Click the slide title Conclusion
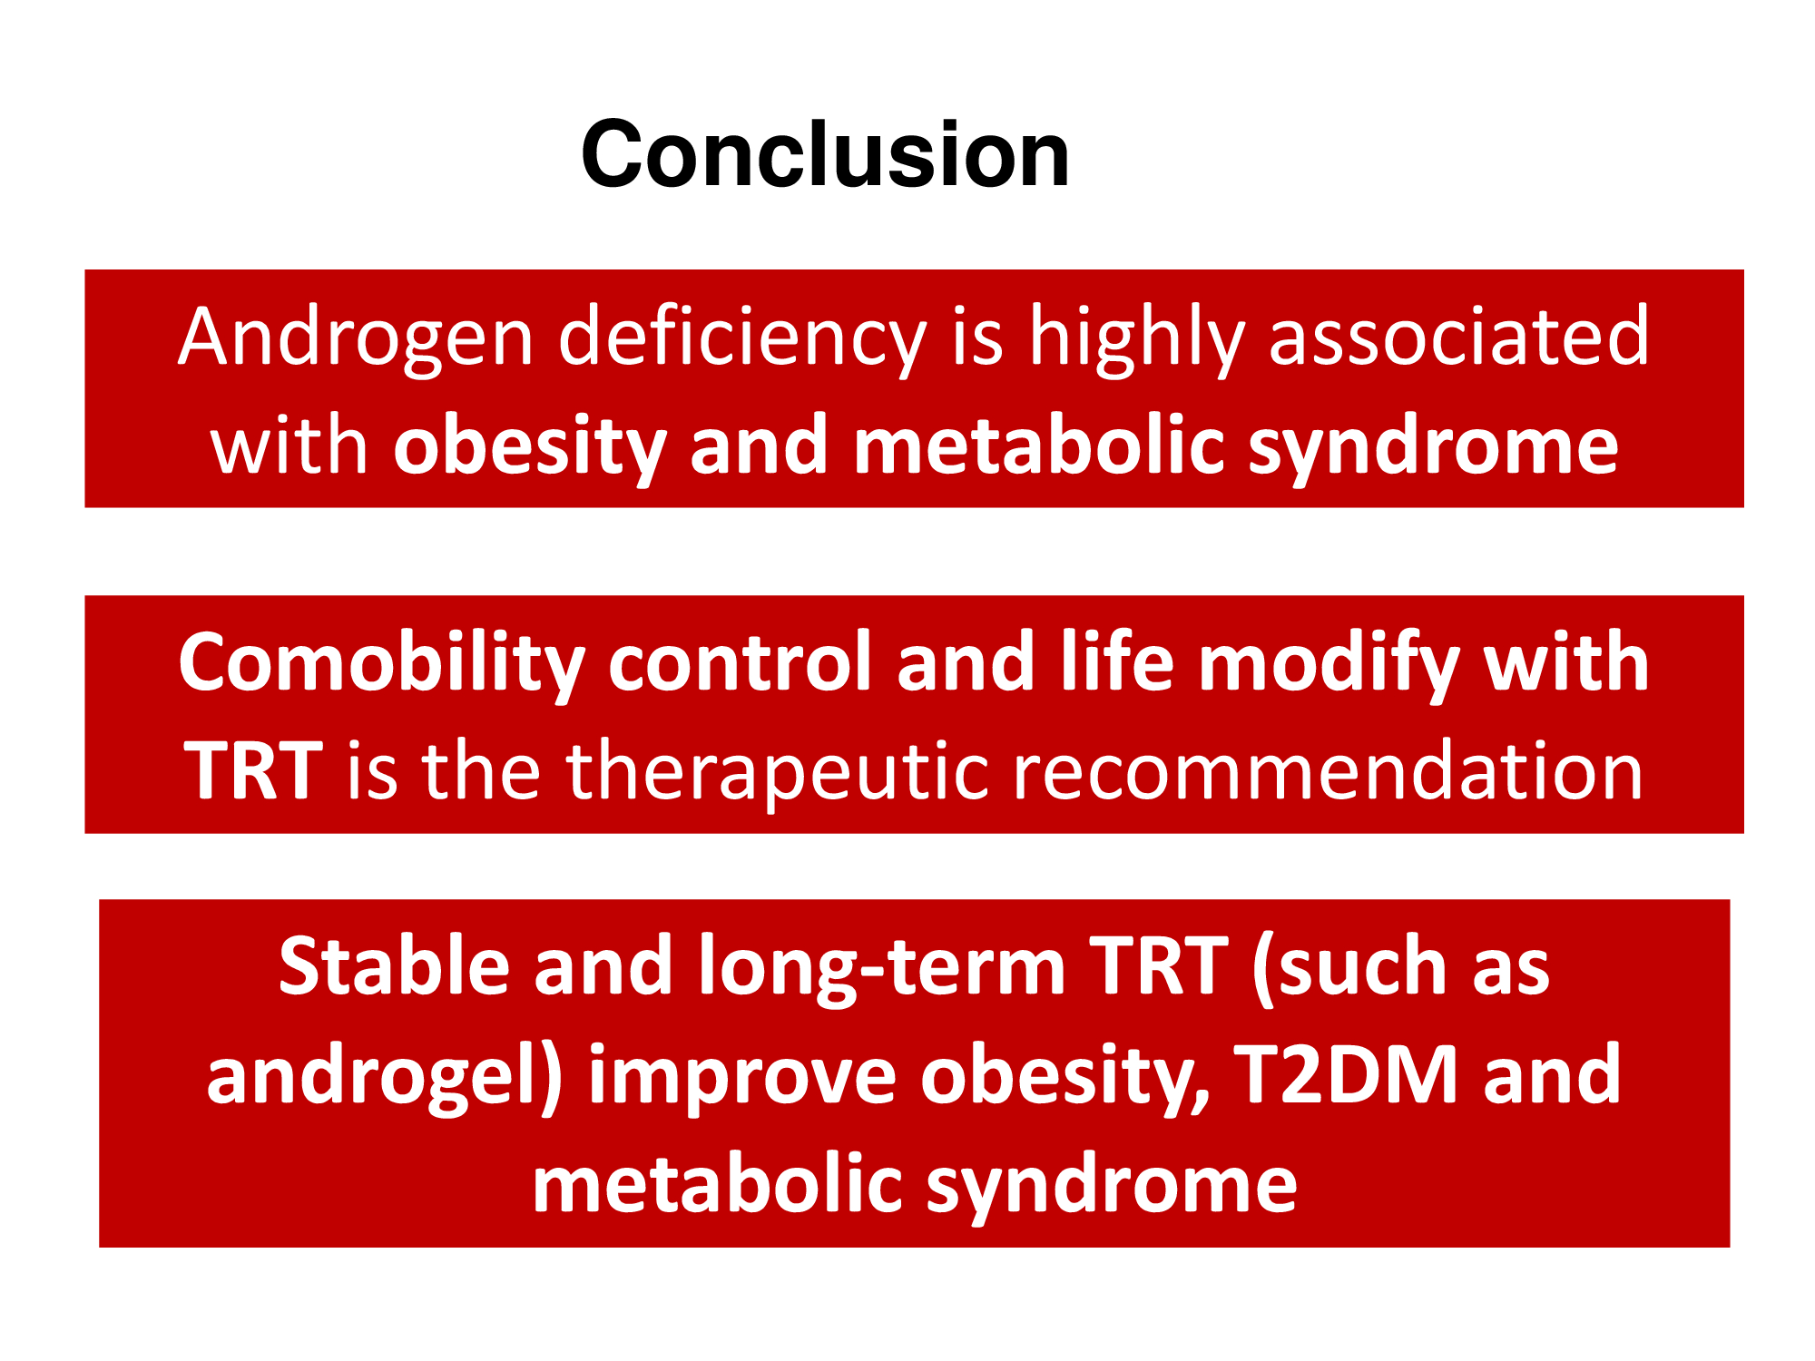click(825, 154)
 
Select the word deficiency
click(742, 338)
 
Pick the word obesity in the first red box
click(530, 446)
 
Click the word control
click(741, 662)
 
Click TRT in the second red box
click(254, 771)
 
